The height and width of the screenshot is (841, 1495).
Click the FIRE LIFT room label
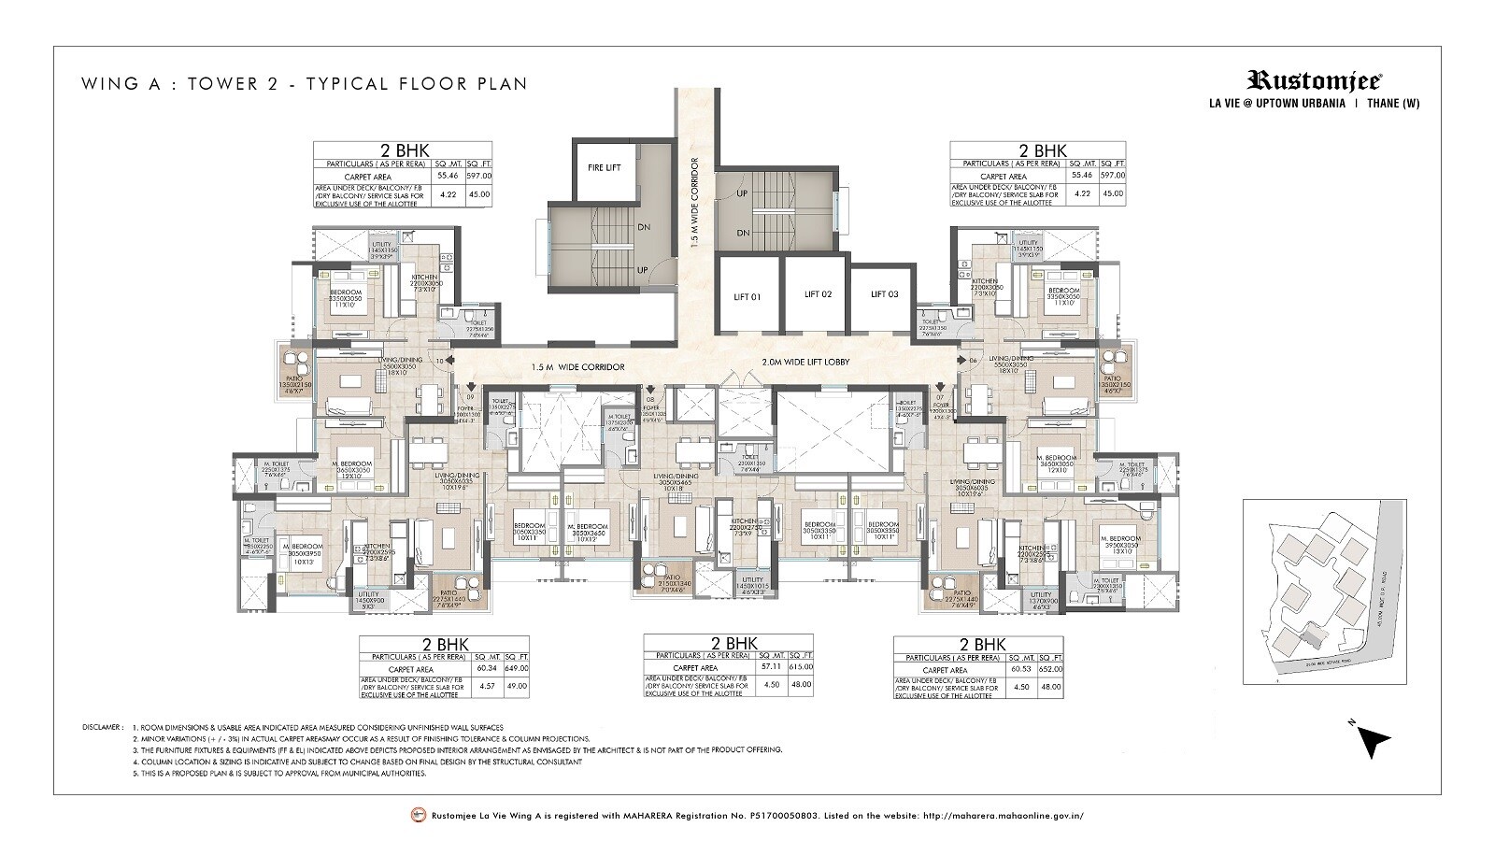(x=605, y=168)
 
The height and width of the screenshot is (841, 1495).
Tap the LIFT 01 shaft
(x=749, y=295)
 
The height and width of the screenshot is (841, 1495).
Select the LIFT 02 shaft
(x=818, y=294)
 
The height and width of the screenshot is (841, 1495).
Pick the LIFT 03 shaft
(x=884, y=294)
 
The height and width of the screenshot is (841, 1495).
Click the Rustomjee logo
(x=1316, y=81)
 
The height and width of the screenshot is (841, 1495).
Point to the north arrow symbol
(x=1373, y=742)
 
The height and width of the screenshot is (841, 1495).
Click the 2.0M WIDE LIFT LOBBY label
(x=804, y=362)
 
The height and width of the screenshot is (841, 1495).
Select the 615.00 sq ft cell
(x=800, y=667)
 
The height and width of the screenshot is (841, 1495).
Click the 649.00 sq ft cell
(x=516, y=669)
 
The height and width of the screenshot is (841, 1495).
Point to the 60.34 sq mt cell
(x=486, y=669)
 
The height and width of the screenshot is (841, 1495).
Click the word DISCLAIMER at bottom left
(x=102, y=726)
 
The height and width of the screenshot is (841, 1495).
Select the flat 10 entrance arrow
(x=451, y=359)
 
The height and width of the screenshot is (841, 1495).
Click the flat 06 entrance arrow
(x=960, y=359)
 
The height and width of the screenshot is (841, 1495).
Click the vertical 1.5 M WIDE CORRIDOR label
(x=694, y=202)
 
